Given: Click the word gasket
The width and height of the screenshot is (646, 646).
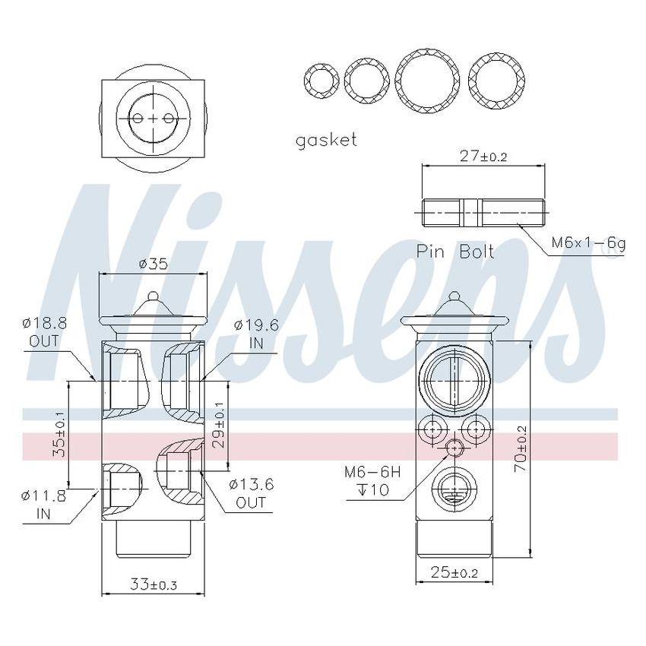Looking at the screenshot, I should (326, 140).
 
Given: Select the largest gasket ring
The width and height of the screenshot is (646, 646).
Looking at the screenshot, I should (428, 81).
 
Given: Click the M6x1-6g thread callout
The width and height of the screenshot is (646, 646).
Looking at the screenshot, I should (588, 243).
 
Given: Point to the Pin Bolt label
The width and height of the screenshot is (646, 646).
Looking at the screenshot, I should (455, 252).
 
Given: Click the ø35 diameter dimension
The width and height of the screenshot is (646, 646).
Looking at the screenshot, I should (153, 264).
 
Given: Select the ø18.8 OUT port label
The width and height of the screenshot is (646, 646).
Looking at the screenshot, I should (44, 331).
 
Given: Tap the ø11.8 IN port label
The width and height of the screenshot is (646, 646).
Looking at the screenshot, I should (44, 505).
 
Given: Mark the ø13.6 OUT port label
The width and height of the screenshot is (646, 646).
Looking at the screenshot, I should (251, 493).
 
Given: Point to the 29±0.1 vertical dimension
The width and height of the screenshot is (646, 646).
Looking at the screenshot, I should (219, 429).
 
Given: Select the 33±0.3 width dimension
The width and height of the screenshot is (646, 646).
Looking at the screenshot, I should (153, 585).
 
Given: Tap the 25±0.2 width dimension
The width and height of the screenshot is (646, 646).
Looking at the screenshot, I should (454, 572).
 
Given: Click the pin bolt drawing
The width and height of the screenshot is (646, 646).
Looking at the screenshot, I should (482, 212).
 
